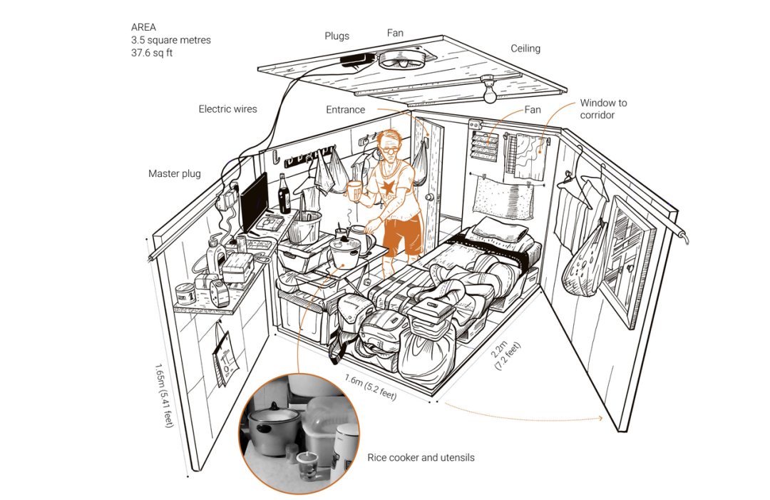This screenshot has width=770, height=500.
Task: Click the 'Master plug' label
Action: click(x=175, y=173)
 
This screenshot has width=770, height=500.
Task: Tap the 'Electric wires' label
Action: click(x=227, y=109)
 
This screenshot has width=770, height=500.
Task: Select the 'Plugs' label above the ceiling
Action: click(x=337, y=36)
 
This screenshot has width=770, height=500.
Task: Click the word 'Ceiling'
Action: click(x=525, y=49)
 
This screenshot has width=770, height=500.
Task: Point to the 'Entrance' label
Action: click(x=346, y=110)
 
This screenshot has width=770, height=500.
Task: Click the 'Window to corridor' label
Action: click(x=603, y=108)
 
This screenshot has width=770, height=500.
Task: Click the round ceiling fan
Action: click(x=401, y=60)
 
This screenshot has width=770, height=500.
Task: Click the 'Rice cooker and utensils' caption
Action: click(x=420, y=457)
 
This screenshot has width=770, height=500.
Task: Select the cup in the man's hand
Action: click(x=354, y=190)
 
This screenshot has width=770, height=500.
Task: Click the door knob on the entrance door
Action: click(x=431, y=198)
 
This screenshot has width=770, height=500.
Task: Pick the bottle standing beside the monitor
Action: click(x=284, y=194)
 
